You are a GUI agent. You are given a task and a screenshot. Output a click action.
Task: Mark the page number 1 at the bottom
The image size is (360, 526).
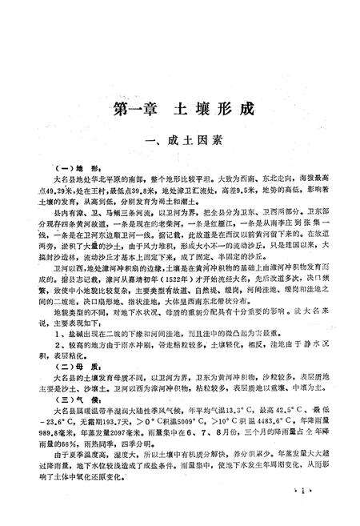coord(302,490)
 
